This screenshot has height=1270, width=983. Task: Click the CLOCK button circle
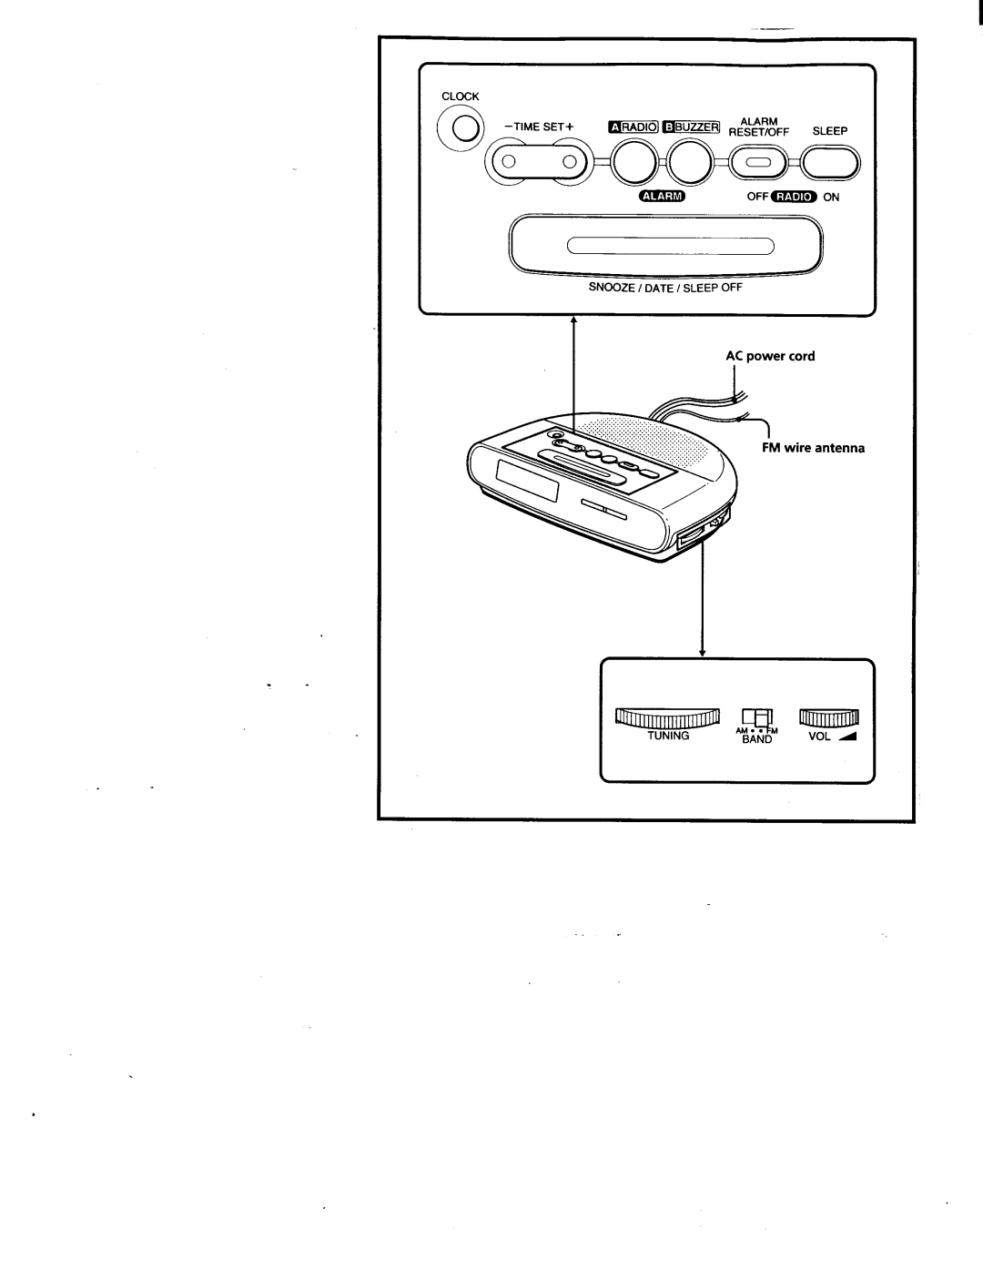pyautogui.click(x=461, y=128)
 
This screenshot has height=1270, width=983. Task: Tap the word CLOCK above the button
pyautogui.click(x=461, y=97)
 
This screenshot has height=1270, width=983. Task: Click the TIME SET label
pyautogui.click(x=540, y=127)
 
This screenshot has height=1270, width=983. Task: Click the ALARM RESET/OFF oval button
pyautogui.click(x=759, y=163)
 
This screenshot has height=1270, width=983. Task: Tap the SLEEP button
pyautogui.click(x=830, y=163)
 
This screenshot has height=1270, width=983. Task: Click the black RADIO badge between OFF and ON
pyautogui.click(x=795, y=197)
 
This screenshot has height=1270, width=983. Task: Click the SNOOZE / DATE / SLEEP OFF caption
pyautogui.click(x=665, y=288)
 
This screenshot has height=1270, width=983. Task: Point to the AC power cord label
pyautogui.click(x=770, y=356)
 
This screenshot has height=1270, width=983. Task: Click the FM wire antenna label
pyautogui.click(x=813, y=448)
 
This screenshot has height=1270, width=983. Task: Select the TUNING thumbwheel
pyautogui.click(x=667, y=718)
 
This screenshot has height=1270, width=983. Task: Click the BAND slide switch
pyautogui.click(x=757, y=717)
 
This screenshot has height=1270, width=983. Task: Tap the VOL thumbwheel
pyautogui.click(x=829, y=716)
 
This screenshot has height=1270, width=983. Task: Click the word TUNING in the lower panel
pyautogui.click(x=668, y=736)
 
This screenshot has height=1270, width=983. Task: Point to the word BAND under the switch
pyautogui.click(x=757, y=739)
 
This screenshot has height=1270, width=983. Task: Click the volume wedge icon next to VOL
pyautogui.click(x=847, y=736)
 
